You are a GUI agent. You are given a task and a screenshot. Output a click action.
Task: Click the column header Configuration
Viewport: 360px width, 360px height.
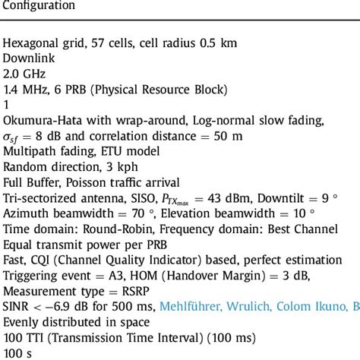pyautogui.click(x=39, y=6)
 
